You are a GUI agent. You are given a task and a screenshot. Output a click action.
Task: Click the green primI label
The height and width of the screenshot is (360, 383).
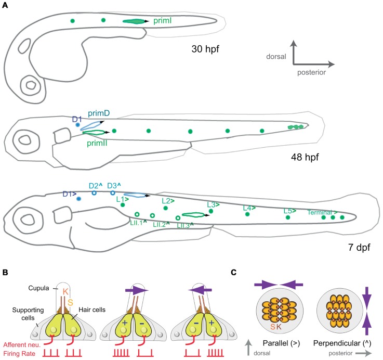[162, 21]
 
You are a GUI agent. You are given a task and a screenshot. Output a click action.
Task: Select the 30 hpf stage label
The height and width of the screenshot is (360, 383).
[205, 49]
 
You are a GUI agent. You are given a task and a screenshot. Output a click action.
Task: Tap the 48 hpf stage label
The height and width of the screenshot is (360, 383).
[305, 157]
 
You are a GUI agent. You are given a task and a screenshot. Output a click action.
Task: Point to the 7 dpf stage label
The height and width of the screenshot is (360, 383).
[359, 247]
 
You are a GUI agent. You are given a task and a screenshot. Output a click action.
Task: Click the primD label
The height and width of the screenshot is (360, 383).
[99, 113]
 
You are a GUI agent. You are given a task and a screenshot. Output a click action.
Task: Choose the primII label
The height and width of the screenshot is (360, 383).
[97, 143]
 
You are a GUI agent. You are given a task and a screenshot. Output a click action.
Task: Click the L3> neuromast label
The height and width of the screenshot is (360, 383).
[213, 204]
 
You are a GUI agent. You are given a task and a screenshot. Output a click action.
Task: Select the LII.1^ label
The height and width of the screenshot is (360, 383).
[139, 223]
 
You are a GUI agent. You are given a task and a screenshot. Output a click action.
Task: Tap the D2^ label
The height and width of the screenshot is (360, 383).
[96, 186]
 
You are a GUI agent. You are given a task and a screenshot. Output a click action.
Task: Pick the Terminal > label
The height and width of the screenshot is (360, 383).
[322, 212]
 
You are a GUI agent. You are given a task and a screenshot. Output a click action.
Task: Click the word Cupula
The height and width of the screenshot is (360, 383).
[38, 288]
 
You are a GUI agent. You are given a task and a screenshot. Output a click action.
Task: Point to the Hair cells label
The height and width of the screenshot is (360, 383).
[92, 310]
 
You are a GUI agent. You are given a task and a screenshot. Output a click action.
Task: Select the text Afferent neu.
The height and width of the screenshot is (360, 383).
[22, 345]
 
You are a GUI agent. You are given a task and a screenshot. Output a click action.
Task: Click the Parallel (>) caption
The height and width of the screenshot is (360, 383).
[281, 343]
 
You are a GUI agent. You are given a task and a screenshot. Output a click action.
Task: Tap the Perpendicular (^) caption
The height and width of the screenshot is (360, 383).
[342, 343]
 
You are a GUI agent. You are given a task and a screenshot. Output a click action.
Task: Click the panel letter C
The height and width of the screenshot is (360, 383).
[233, 273]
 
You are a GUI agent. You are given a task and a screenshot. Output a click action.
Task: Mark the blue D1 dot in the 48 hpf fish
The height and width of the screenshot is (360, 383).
[77, 125]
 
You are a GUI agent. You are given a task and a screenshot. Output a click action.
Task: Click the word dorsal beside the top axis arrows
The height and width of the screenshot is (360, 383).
[276, 57]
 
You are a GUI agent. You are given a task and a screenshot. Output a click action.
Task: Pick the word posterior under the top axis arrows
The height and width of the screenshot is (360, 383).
[311, 72]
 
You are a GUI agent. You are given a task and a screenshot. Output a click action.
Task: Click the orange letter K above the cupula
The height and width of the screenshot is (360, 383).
[65, 291]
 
